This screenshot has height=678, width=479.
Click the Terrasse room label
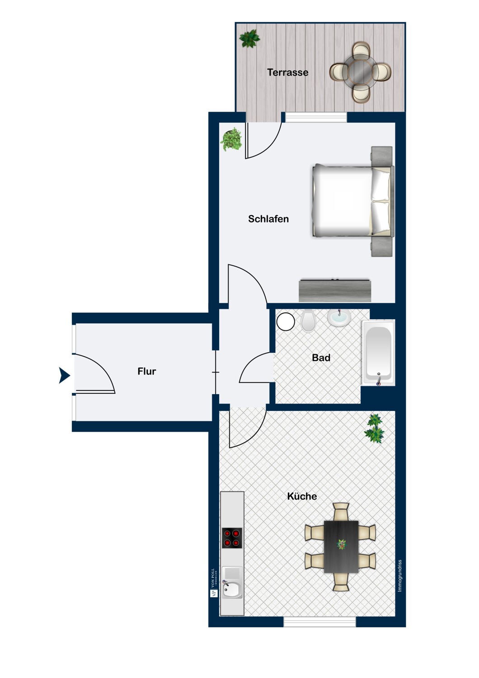coord(287,72)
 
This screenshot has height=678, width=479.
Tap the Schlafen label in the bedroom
coord(268,219)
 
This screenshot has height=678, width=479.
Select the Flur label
coord(146,372)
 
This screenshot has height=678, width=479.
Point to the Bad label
coord(321,358)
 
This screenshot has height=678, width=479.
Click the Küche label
coord(302,496)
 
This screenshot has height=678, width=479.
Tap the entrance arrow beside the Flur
coord(64,375)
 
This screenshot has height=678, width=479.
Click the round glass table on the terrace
coord(360,71)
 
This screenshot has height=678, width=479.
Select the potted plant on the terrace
coord(249,38)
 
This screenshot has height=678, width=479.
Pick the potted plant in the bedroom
coord(231,140)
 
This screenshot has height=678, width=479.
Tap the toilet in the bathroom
coord(309,320)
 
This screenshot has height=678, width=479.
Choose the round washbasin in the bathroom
coord(339,318)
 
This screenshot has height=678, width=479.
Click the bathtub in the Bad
coord(378,352)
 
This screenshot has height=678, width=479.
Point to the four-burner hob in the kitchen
coord(231,538)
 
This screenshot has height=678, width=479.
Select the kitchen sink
coord(232,588)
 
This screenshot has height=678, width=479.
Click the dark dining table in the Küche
coord(341,546)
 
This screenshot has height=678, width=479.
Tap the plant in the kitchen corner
coord(375,429)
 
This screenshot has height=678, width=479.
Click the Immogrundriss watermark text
coord(399,576)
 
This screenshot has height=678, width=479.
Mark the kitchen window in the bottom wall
coord(319,622)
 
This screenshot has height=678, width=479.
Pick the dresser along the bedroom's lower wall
coord(335,291)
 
